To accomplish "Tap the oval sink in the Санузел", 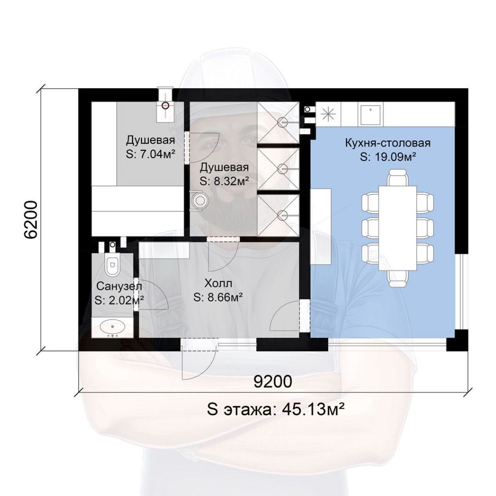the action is tap(112, 327).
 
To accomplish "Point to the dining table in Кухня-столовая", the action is tap(397, 228).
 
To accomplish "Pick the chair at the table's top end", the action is tap(397, 178).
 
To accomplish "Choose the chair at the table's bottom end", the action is tap(397, 279).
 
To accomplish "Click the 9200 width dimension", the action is tap(273, 382).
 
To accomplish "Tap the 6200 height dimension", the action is tap(31, 219).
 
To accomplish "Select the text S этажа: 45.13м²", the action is tap(276, 410).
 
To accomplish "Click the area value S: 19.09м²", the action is tap(387, 157).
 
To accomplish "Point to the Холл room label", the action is tap(218, 283).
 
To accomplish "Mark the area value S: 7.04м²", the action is tap(151, 155).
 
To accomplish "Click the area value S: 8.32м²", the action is tap(224, 182).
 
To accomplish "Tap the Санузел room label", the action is tap(119, 286).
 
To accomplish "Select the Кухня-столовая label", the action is tap(388, 143).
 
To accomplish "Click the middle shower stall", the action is tap(278, 169).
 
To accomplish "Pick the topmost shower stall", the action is tap(278, 123).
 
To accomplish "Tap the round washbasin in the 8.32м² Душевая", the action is tap(199, 200).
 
